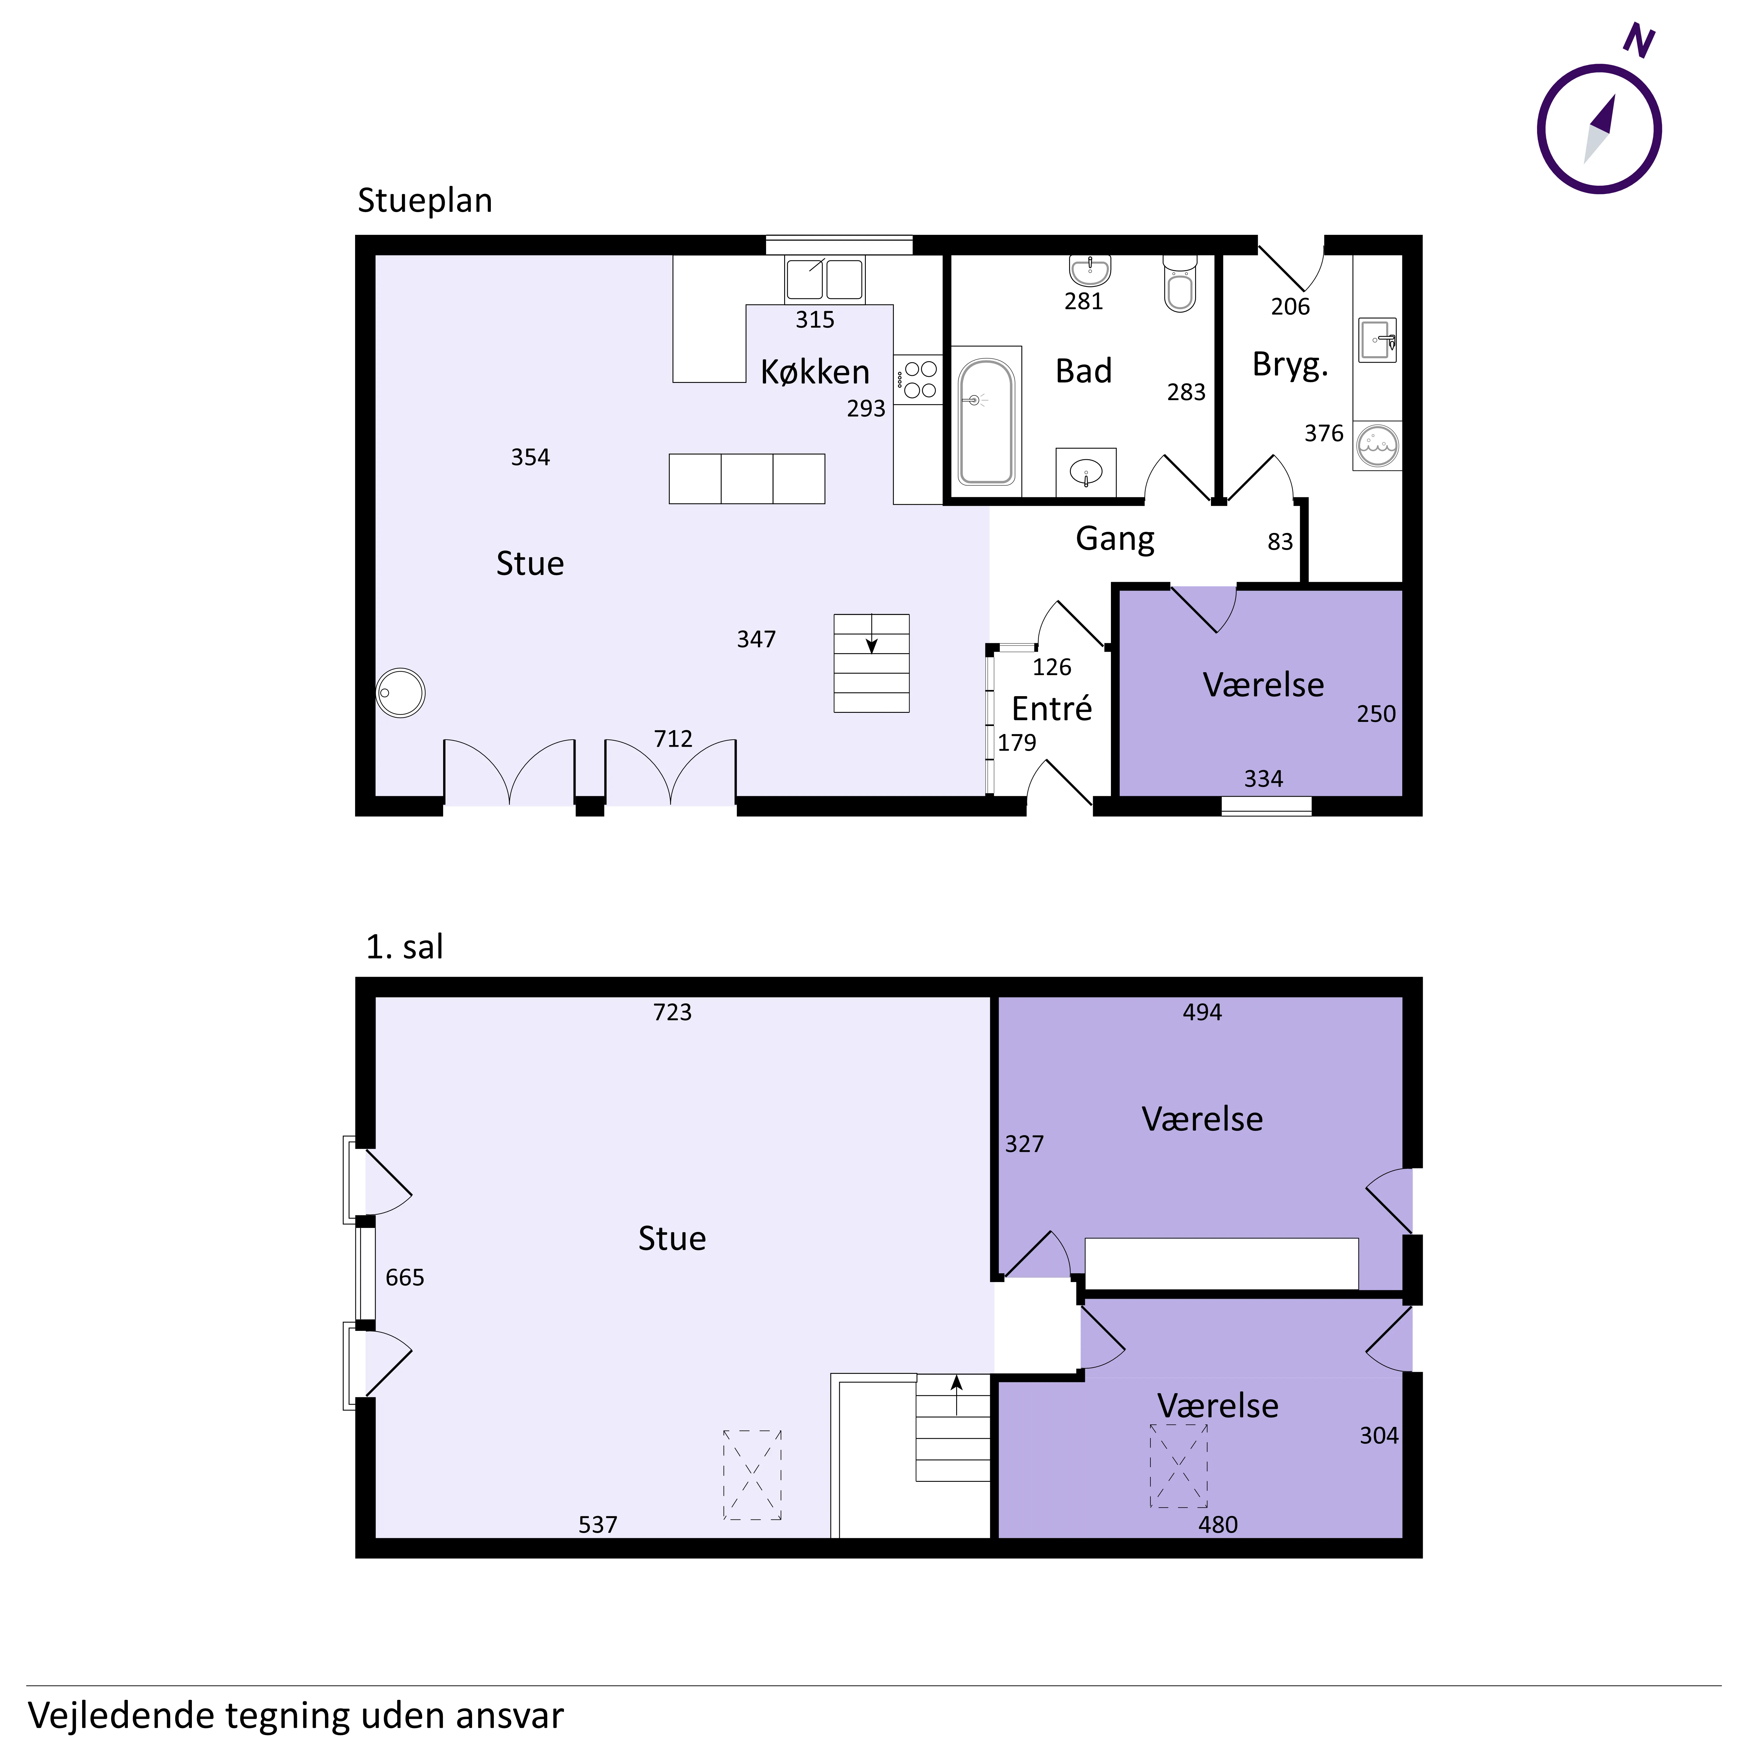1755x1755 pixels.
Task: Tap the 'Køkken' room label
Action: point(815,371)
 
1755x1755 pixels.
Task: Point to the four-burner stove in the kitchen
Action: point(918,380)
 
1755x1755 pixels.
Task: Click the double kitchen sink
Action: point(825,279)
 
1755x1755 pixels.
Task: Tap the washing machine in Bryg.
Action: point(1377,445)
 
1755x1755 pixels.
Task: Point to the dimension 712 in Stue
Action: point(673,739)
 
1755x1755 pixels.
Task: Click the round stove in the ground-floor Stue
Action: point(401,693)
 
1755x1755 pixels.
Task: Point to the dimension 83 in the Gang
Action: point(1280,541)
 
